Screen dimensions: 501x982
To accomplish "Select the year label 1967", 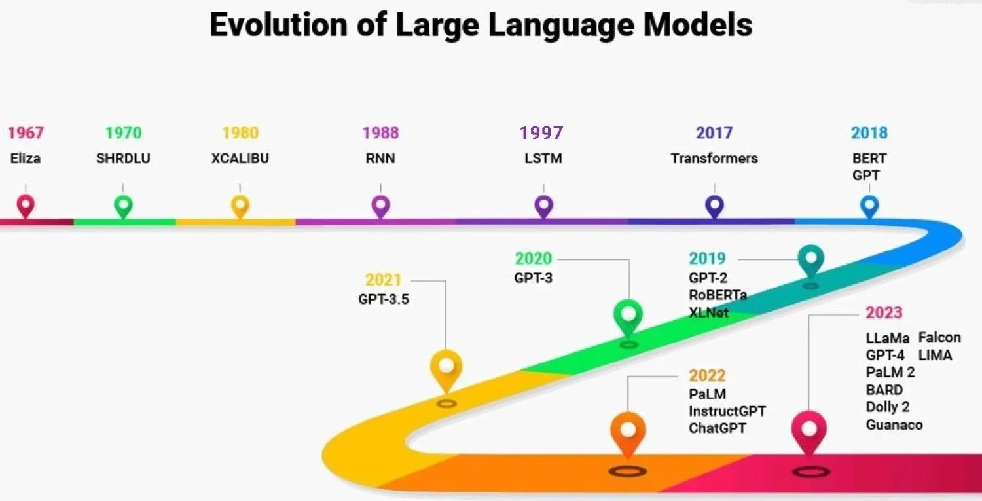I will click(26, 133).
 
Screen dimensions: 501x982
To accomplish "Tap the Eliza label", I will click(26, 158).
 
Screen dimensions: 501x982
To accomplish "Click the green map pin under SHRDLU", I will click(123, 206).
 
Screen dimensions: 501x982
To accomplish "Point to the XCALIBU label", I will click(240, 158).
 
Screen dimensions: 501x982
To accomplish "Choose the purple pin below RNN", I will click(380, 206).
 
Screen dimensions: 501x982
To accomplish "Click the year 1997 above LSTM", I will click(541, 133).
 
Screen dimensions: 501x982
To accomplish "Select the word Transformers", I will click(714, 158).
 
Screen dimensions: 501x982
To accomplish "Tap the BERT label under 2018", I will click(869, 158).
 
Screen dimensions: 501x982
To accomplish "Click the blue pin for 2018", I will click(869, 206).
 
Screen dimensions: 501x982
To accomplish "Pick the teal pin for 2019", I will click(810, 259).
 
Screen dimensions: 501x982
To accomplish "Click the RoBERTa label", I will click(718, 295).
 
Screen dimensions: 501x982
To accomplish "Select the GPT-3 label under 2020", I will click(533, 278).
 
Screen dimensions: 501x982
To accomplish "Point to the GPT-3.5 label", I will click(384, 300).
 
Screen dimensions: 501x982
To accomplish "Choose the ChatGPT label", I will click(718, 428).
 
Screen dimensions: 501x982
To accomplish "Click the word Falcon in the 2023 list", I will click(939, 338).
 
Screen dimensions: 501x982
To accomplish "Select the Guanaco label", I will click(894, 425).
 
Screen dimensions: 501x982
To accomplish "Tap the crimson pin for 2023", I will click(809, 430).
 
